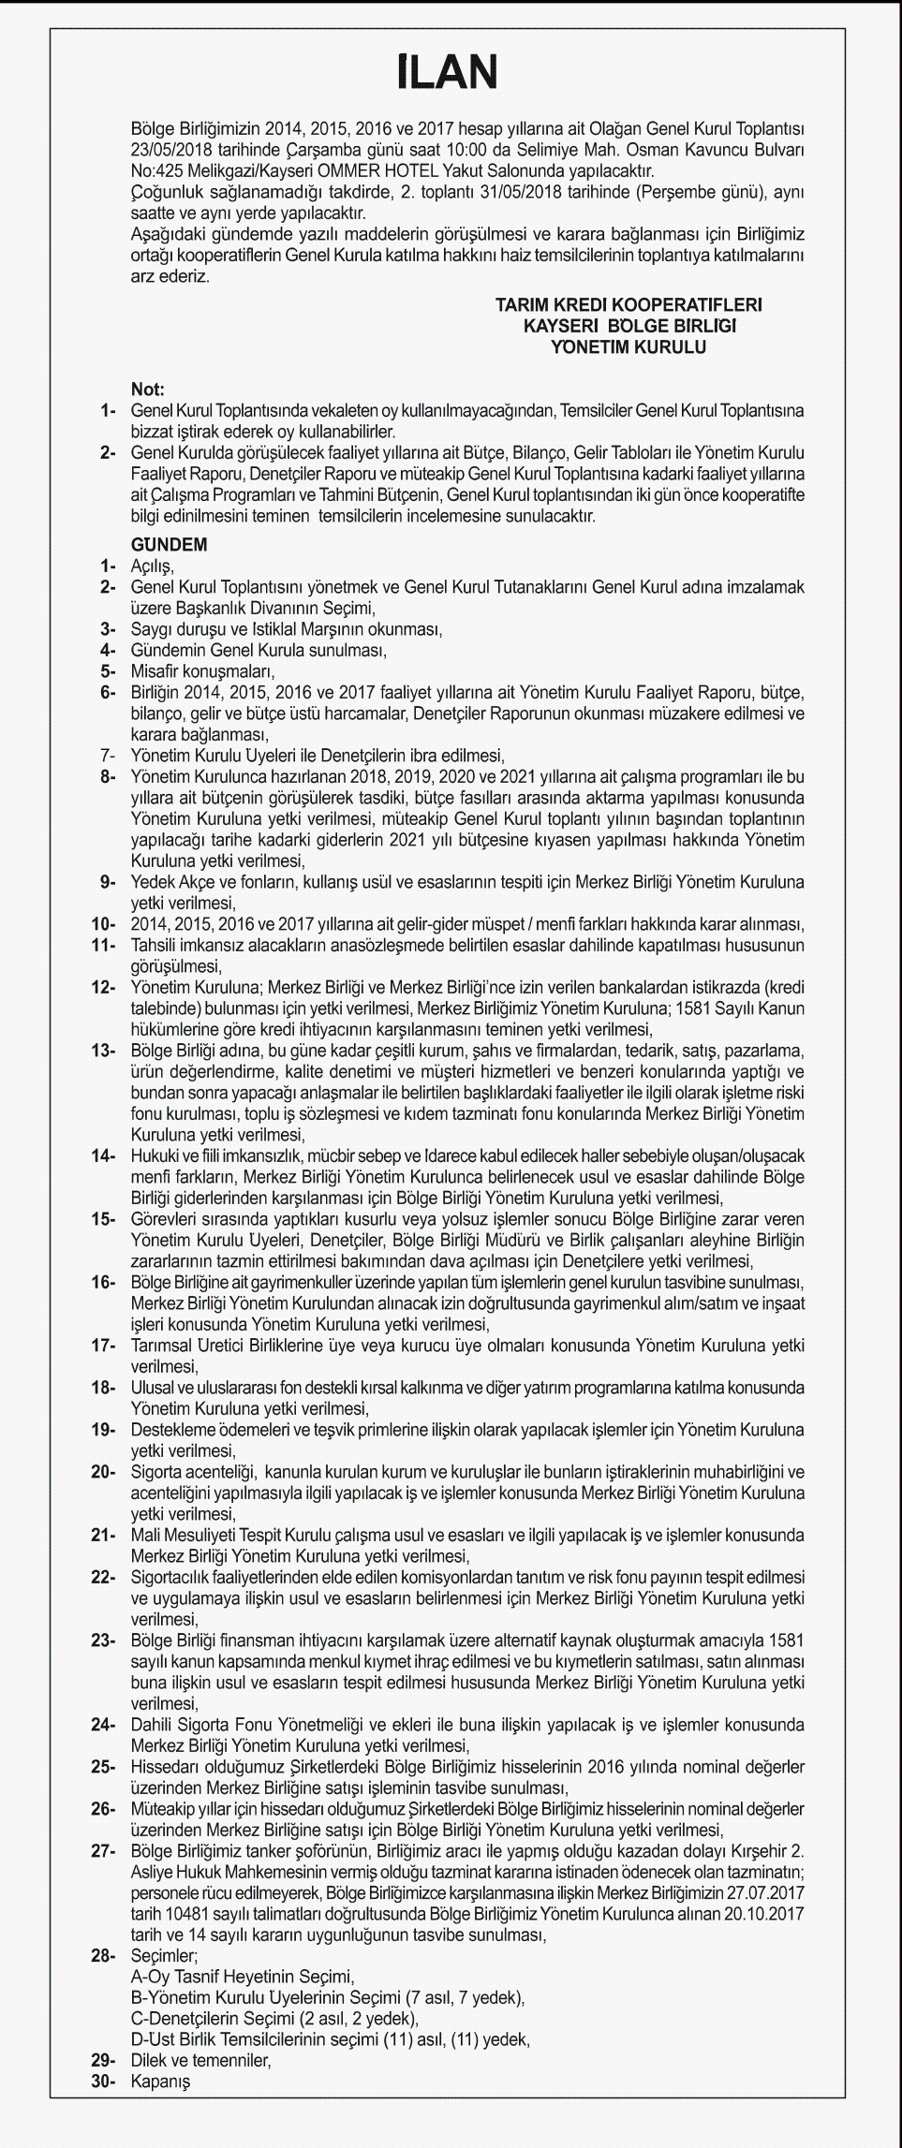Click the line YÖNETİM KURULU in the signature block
628,347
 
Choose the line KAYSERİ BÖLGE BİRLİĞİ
629,326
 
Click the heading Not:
147,390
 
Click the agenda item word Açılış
152,566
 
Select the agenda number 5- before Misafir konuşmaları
108,671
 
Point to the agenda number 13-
103,1051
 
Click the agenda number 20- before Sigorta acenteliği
103,1472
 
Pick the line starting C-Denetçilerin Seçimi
274,2019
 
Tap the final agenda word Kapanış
160,2082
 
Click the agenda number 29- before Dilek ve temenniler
103,2060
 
